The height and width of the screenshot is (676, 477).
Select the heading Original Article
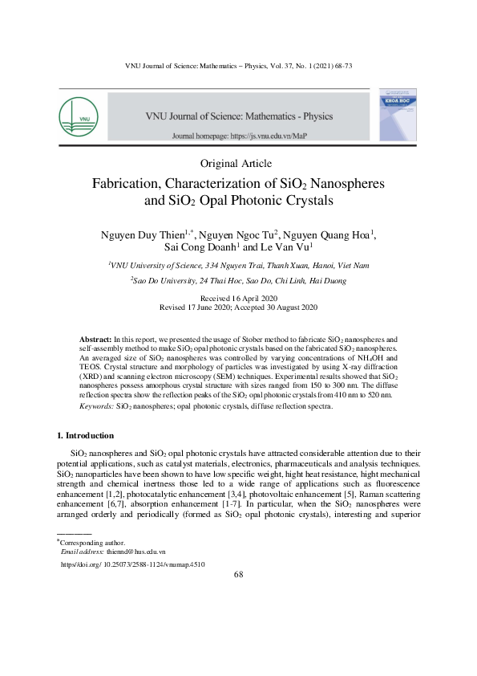[x=238, y=165]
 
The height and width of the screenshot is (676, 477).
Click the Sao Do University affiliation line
[x=238, y=282]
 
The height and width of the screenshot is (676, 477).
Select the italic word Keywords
[x=96, y=407]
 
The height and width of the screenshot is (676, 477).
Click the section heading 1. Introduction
[x=91, y=435]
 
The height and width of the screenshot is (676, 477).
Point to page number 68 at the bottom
[x=238, y=575]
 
